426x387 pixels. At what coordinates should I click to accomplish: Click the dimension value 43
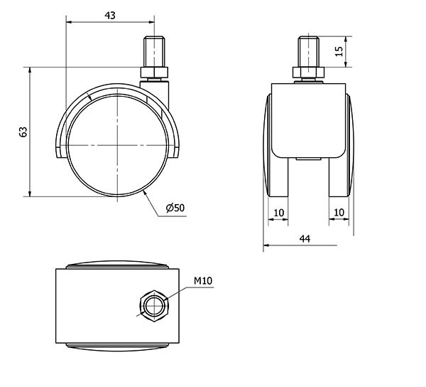point(110,16)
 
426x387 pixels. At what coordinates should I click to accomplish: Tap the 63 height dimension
point(23,132)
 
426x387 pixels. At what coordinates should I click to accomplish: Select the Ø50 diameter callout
point(175,208)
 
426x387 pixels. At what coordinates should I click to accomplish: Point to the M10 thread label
point(203,280)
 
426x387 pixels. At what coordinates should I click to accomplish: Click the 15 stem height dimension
point(339,51)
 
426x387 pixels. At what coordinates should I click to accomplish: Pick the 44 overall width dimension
point(305,239)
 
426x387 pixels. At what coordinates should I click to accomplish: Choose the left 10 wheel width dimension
point(279,213)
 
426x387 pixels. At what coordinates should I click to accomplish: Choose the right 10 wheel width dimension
point(339,212)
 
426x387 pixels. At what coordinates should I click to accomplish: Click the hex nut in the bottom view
point(154,306)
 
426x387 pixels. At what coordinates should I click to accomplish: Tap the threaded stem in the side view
point(154,51)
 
